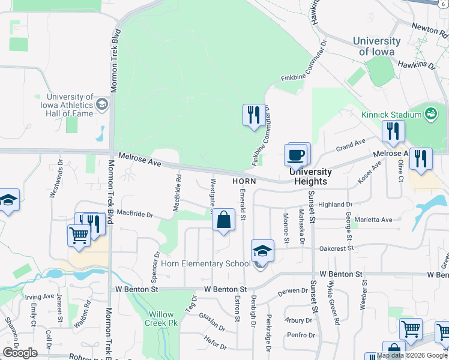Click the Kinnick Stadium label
click(391, 115)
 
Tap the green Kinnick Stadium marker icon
click(430, 113)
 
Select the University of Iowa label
click(376, 46)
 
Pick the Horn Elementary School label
click(205, 263)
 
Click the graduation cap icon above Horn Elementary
click(262, 250)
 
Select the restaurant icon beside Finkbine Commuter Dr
click(253, 114)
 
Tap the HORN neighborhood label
click(245, 181)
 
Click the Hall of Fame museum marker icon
click(101, 104)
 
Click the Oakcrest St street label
click(337, 247)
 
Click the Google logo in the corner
click(20, 352)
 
